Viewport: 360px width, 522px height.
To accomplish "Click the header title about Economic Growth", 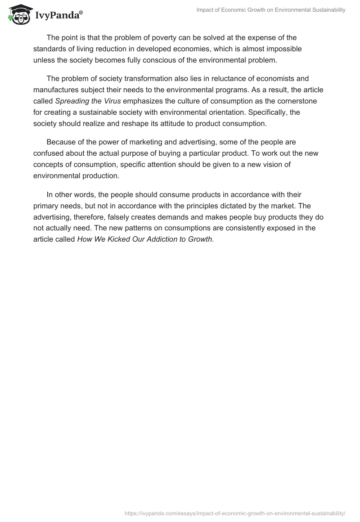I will pyautogui.click(x=271, y=10).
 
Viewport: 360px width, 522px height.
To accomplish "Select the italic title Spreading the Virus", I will pyautogui.click(x=88, y=101).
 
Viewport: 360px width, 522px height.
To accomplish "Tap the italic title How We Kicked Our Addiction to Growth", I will pyautogui.click(x=145, y=239).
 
